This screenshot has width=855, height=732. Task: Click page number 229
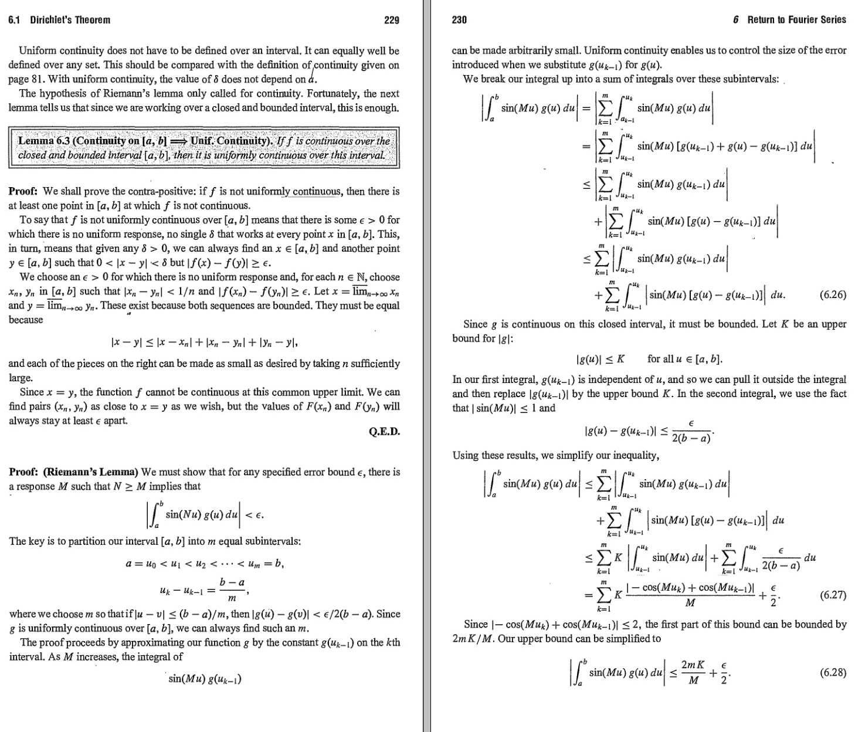391,20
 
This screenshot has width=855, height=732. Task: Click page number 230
459,20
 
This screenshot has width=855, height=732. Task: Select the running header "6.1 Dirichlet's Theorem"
59,20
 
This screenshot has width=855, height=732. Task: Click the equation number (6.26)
833,295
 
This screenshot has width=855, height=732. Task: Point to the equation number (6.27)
833,595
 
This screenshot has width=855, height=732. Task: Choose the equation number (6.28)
833,672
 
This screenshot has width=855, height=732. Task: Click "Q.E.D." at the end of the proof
384,432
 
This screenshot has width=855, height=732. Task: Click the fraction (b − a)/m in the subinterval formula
232,590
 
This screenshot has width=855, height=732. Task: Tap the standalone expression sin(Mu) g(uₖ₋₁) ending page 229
205,679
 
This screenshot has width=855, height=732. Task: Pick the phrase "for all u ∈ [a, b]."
685,359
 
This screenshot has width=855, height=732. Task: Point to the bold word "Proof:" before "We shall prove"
23,191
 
